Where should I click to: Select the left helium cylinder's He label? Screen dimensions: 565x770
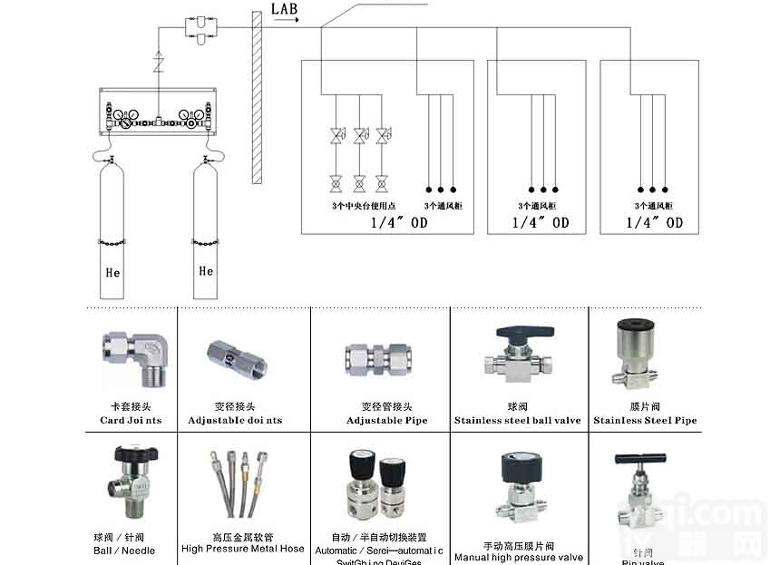coord(112,272)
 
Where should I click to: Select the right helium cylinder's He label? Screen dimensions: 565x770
coord(206,270)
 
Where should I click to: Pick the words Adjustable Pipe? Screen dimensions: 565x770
coord(386,421)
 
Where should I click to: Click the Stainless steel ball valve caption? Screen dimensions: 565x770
coord(517,421)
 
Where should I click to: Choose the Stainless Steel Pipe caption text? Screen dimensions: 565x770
coord(645,421)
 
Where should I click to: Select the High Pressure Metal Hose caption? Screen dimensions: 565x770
coord(242,549)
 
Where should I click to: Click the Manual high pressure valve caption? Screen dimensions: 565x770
coord(518,558)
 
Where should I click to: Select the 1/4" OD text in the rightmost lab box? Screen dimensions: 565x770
coord(655,222)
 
